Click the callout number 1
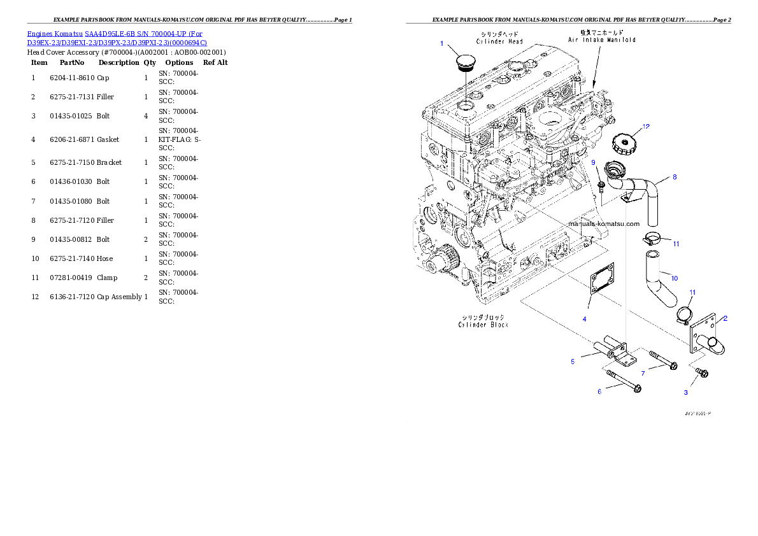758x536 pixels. [441, 43]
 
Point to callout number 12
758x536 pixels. [646, 127]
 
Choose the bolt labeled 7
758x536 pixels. [662, 360]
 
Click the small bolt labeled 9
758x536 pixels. [601, 186]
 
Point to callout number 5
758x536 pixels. [573, 362]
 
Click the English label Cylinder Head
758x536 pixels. [499, 41]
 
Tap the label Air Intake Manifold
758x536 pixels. [601, 39]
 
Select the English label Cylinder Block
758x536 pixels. [483, 325]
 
